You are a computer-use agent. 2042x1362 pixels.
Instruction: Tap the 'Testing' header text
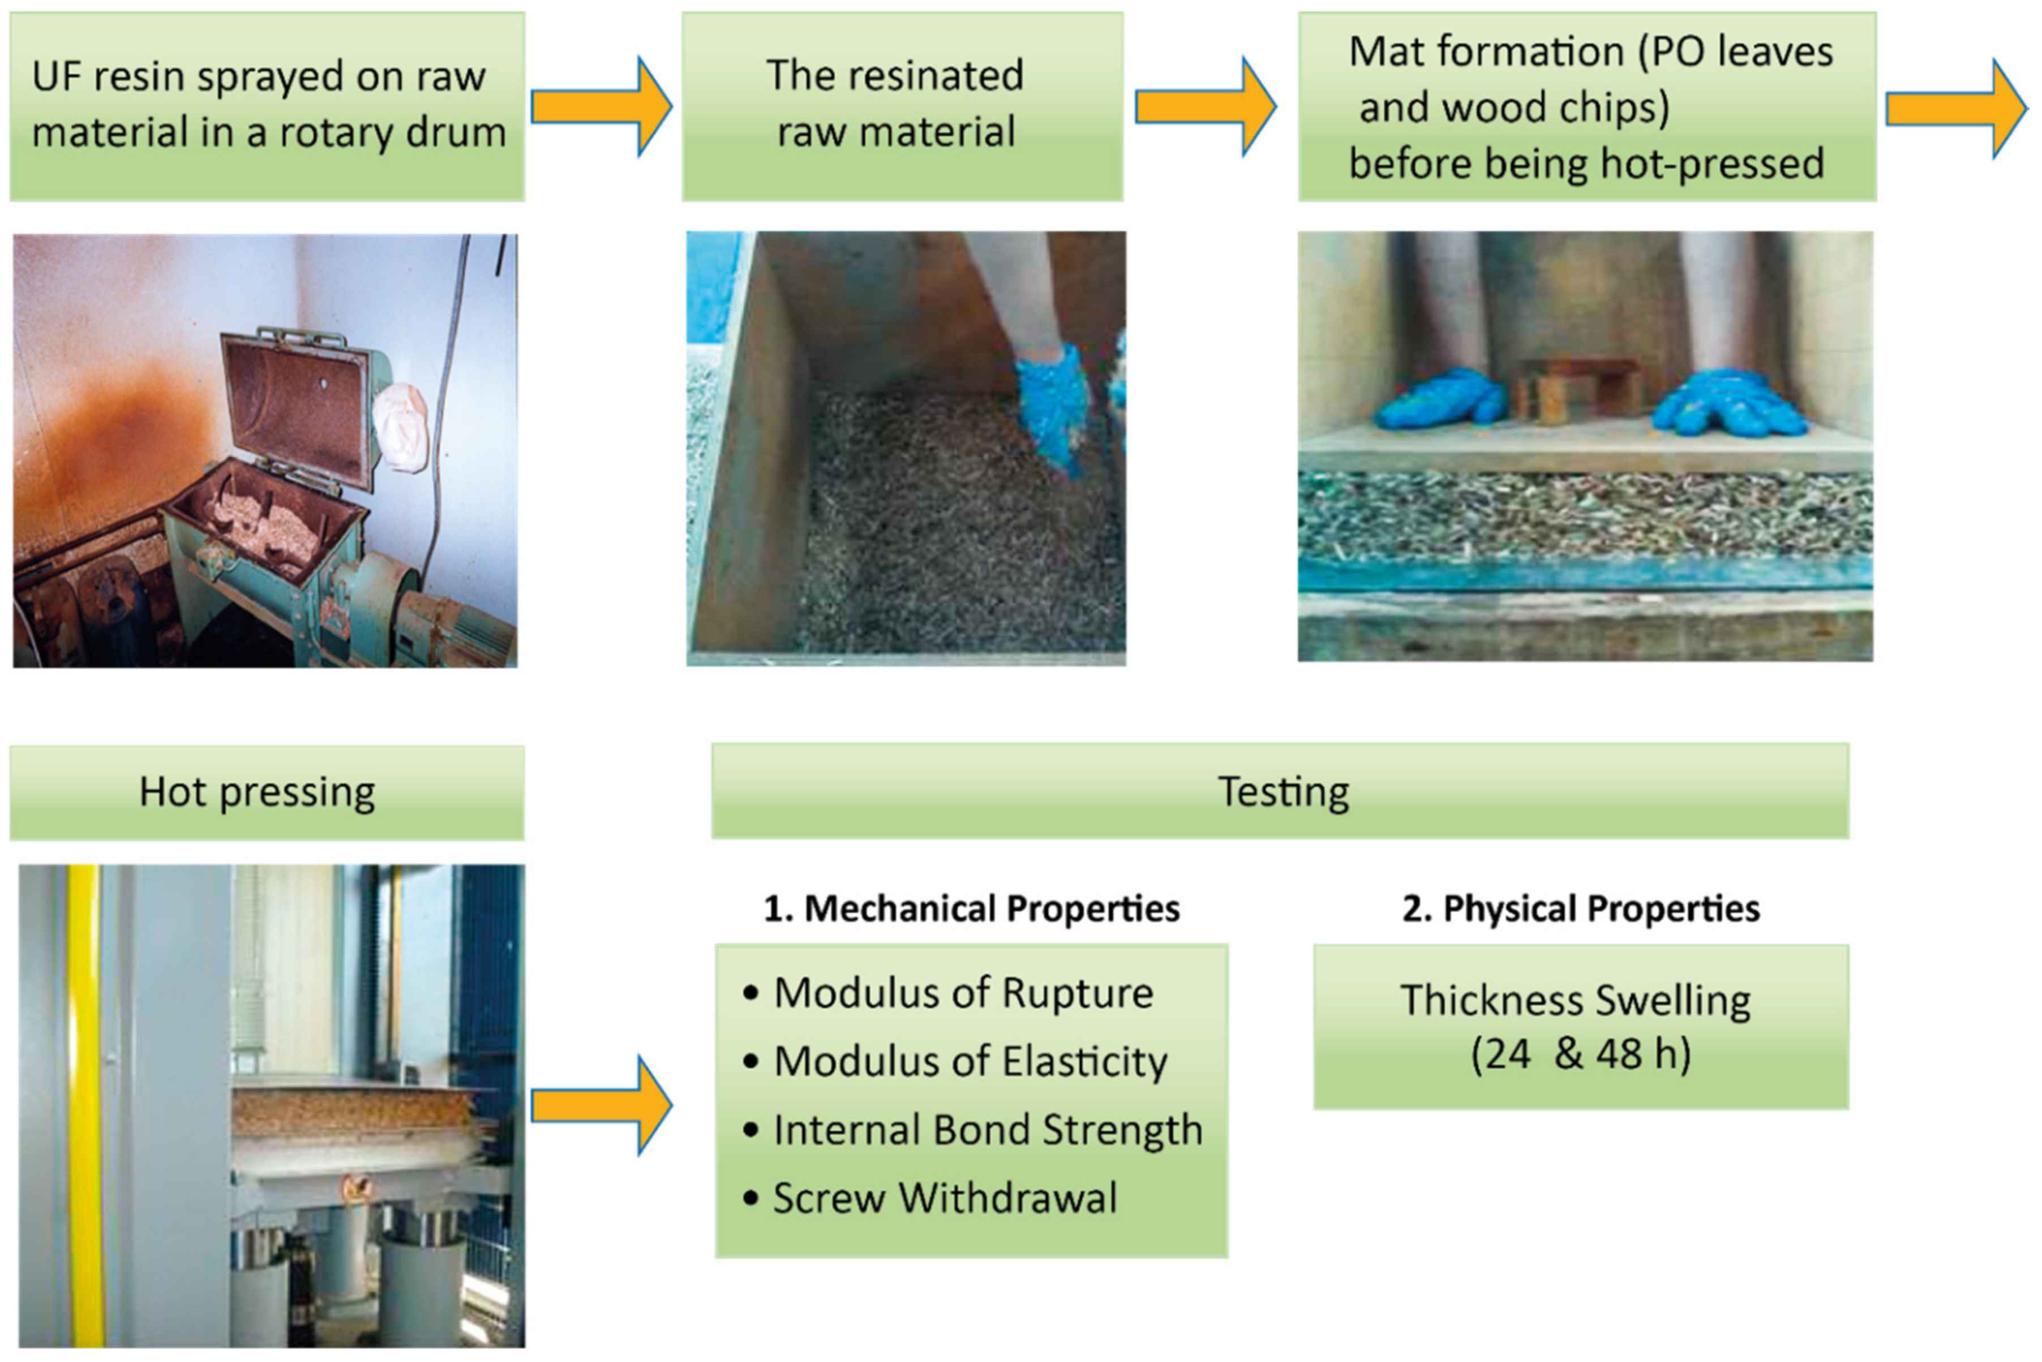click(x=1284, y=791)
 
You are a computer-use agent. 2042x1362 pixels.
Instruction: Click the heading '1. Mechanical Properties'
click(x=971, y=908)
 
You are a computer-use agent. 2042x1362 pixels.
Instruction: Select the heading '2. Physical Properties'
click(x=1581, y=908)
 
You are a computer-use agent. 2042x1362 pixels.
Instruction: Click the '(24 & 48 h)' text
click(x=1581, y=1054)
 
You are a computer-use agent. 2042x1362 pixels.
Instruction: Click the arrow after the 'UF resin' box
click(x=601, y=107)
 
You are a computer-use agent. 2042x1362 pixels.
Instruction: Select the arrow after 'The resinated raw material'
click(x=1205, y=107)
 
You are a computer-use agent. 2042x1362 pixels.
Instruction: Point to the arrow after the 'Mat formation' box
click(x=1957, y=109)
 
